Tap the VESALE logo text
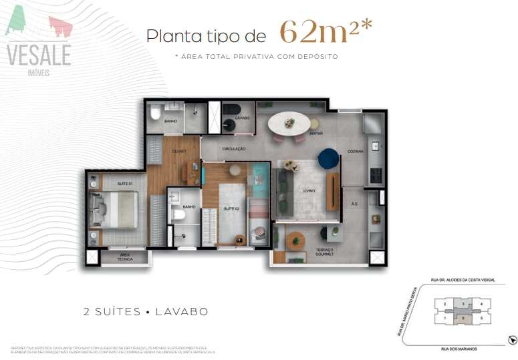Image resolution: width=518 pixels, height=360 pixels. [x=39, y=55]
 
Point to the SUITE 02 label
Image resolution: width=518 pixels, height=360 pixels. [x=232, y=210]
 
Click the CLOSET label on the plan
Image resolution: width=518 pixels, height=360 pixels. [x=179, y=152]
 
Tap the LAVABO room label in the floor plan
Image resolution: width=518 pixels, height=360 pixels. [x=243, y=118]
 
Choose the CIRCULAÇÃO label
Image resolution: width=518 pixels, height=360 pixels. [x=234, y=148]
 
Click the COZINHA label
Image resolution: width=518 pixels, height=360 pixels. [x=355, y=152]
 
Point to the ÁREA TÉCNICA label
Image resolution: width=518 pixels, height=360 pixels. [x=124, y=257]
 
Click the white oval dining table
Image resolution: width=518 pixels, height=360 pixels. [x=289, y=123]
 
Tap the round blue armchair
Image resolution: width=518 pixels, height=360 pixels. [x=328, y=159]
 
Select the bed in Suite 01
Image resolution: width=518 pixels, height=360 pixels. [x=114, y=207]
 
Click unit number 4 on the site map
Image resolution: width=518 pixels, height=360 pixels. [x=481, y=304]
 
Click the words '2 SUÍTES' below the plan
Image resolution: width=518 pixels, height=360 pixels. [x=111, y=312]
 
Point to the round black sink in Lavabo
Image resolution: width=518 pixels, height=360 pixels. [x=228, y=124]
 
